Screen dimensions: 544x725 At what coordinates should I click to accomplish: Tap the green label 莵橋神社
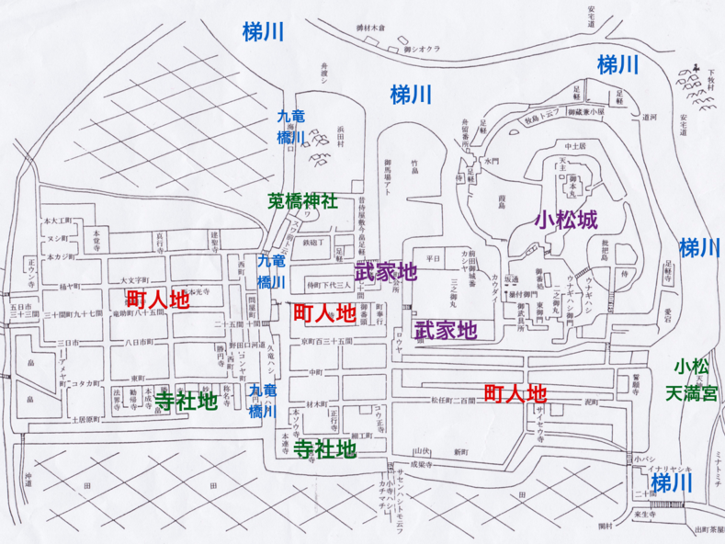click(x=302, y=198)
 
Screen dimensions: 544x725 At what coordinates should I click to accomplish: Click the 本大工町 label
click(x=57, y=221)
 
